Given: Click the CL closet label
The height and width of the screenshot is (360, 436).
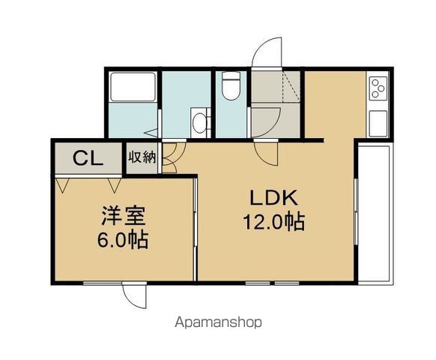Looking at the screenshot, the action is [88, 158].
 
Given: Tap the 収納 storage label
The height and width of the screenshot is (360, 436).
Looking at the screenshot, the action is [142, 157].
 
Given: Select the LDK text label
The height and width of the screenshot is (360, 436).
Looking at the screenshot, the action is [274, 198].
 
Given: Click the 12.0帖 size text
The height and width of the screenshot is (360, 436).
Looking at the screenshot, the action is [274, 222].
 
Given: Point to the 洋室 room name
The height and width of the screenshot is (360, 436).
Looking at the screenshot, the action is [123, 215].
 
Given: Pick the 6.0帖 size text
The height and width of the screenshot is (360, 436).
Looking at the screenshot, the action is [122, 239].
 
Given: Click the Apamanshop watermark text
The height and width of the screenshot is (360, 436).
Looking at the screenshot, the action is [218, 322].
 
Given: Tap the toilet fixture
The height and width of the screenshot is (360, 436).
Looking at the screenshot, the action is [231, 85].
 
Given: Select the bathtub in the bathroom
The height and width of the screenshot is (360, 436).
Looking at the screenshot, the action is [133, 86].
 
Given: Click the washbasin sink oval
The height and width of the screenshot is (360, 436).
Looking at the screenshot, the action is [199, 123].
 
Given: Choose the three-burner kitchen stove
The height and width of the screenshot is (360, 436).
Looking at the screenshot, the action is [378, 88].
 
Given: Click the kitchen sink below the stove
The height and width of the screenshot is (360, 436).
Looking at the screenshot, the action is [378, 123].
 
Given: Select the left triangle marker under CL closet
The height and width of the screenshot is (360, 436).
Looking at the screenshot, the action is [62, 185].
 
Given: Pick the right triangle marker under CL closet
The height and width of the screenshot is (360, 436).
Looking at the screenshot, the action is [115, 185].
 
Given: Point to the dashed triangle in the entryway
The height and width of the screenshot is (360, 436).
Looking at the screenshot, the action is [291, 86].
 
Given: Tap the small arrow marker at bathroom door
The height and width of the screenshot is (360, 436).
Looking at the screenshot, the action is [152, 133].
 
